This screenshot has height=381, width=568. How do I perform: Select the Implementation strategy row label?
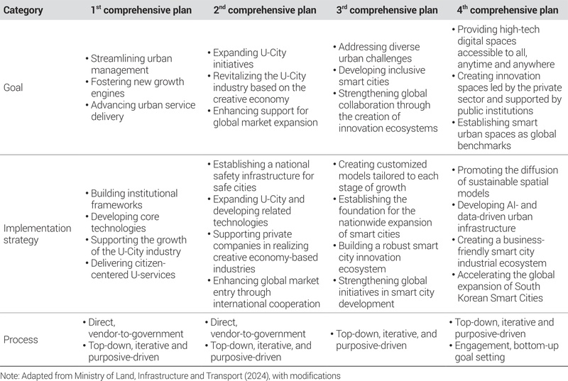click(x=36, y=235)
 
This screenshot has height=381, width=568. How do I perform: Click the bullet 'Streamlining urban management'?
click(x=131, y=65)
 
